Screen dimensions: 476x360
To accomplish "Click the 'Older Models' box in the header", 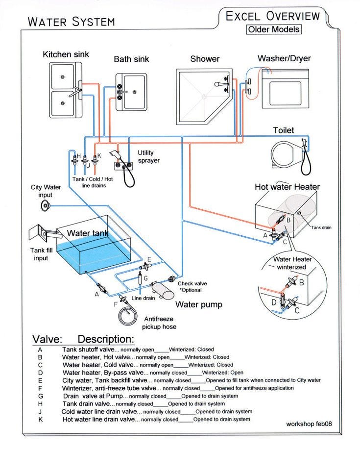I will [x=273, y=29].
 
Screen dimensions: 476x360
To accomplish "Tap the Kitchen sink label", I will [x=66, y=54].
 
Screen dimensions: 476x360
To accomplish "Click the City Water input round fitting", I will [x=47, y=206].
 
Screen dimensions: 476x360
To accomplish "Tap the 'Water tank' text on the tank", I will [x=87, y=233].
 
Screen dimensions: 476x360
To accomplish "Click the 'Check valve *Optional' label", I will [x=192, y=287].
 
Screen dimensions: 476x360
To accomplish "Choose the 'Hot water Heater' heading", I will [x=287, y=187].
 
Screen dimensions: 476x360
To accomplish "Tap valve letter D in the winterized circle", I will [x=274, y=302].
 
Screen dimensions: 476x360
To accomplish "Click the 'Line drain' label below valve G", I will [x=143, y=298].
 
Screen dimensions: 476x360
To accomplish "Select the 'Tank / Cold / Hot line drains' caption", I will [x=92, y=182].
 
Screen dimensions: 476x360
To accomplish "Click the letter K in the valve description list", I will [x=40, y=420].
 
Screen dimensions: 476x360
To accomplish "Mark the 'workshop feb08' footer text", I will [x=309, y=425].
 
